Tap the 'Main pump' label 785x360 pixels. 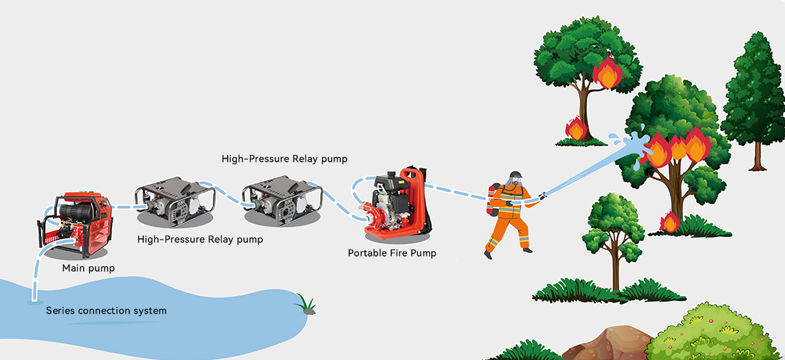tap(88, 268)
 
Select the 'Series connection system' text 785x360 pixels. tap(106, 310)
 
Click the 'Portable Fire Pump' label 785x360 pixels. tap(391, 253)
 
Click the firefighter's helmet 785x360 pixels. tap(516, 177)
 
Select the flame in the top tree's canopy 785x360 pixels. tap(607, 72)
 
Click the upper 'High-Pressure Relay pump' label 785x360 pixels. tap(284, 158)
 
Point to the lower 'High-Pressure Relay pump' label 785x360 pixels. tap(200, 240)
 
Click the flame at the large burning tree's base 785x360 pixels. tap(670, 223)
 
